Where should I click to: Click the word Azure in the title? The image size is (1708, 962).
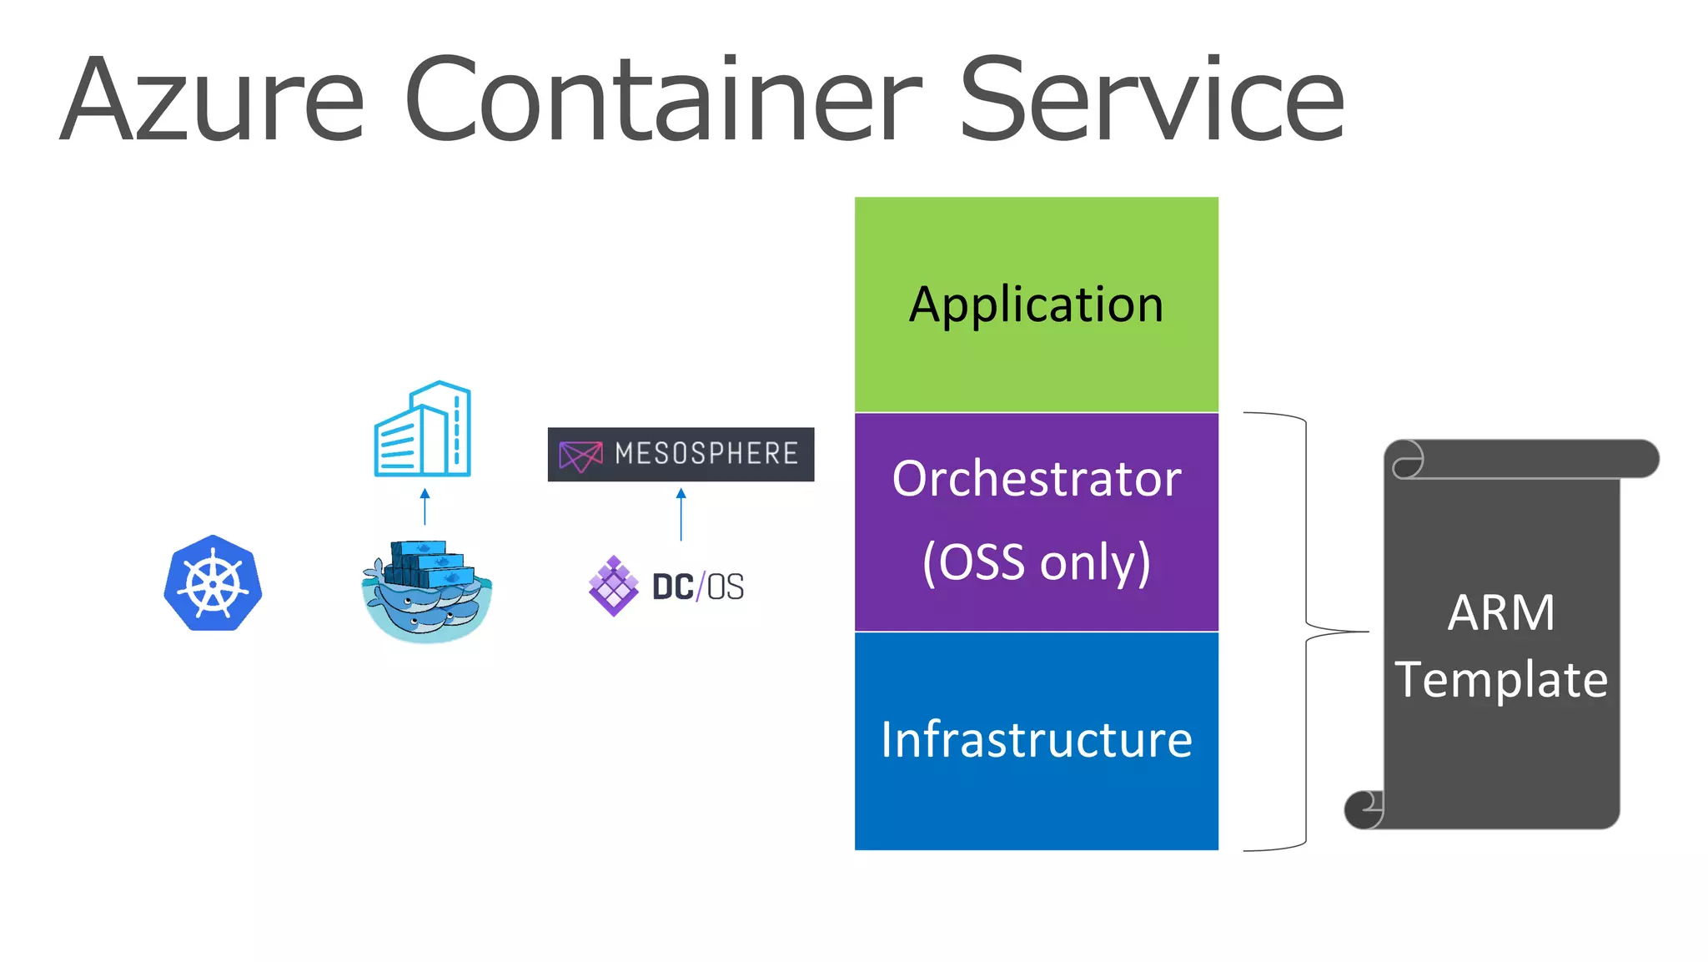[213, 100]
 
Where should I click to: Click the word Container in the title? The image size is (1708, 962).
[663, 100]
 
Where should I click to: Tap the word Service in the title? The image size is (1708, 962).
[1151, 100]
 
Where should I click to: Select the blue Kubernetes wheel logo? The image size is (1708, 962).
[213, 583]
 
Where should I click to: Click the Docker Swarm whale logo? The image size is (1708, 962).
[426, 591]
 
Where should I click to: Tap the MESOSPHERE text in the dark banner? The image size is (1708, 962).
[706, 454]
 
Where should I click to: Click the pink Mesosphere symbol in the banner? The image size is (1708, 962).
[580, 456]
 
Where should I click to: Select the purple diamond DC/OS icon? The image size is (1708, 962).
[614, 586]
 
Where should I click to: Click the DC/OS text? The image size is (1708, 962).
[698, 587]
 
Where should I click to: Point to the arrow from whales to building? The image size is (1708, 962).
[424, 506]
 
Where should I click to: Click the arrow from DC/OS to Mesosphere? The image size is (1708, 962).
[681, 515]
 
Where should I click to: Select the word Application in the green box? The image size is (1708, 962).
[1036, 305]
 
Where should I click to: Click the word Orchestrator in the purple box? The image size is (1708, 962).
[1036, 479]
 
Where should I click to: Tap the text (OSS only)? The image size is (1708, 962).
[1036, 562]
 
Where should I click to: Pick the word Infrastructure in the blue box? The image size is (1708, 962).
[1036, 740]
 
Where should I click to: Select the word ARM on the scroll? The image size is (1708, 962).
[1500, 613]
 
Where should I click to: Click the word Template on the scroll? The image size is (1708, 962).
[1500, 679]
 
